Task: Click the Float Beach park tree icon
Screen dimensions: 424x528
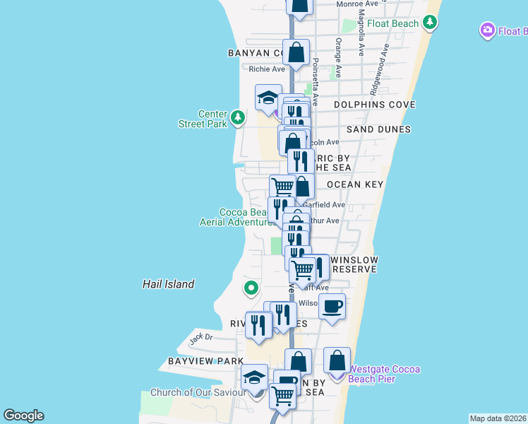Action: click(430, 23)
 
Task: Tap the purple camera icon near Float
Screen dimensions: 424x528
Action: click(486, 31)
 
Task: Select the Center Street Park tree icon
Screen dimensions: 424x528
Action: click(238, 117)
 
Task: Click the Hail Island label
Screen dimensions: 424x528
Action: click(168, 284)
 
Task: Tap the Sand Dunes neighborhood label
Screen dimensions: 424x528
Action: click(378, 129)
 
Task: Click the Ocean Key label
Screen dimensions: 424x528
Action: click(354, 184)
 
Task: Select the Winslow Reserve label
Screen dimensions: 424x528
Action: click(354, 264)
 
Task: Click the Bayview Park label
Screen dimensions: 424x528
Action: click(196, 361)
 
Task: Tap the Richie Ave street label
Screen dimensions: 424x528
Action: click(267, 69)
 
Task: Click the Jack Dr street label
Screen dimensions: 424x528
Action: click(201, 338)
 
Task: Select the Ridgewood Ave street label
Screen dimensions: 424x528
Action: click(378, 71)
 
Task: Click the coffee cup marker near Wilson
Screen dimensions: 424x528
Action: click(332, 307)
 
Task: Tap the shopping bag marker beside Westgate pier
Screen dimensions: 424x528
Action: click(337, 359)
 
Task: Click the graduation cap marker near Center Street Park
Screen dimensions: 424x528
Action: click(268, 98)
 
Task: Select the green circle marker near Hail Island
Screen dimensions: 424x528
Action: click(251, 288)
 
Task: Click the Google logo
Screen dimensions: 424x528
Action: click(23, 416)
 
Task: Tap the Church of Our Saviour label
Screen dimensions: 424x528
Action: click(192, 393)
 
